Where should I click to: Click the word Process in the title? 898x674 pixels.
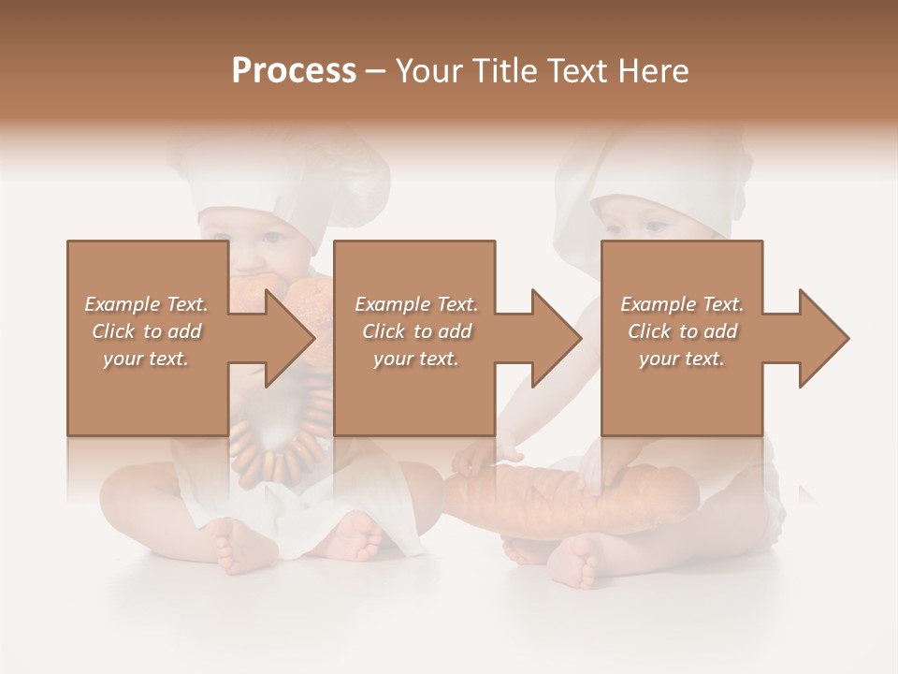294,70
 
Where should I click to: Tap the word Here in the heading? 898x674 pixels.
651,70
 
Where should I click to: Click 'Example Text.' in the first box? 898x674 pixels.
146,304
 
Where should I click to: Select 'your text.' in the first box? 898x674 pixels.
146,359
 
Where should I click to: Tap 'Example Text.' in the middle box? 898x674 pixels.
416,304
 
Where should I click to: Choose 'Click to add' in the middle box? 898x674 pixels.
416,331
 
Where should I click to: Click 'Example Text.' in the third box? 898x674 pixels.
682,304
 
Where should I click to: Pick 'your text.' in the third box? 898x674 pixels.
682,359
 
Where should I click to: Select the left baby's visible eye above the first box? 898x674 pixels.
271,235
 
